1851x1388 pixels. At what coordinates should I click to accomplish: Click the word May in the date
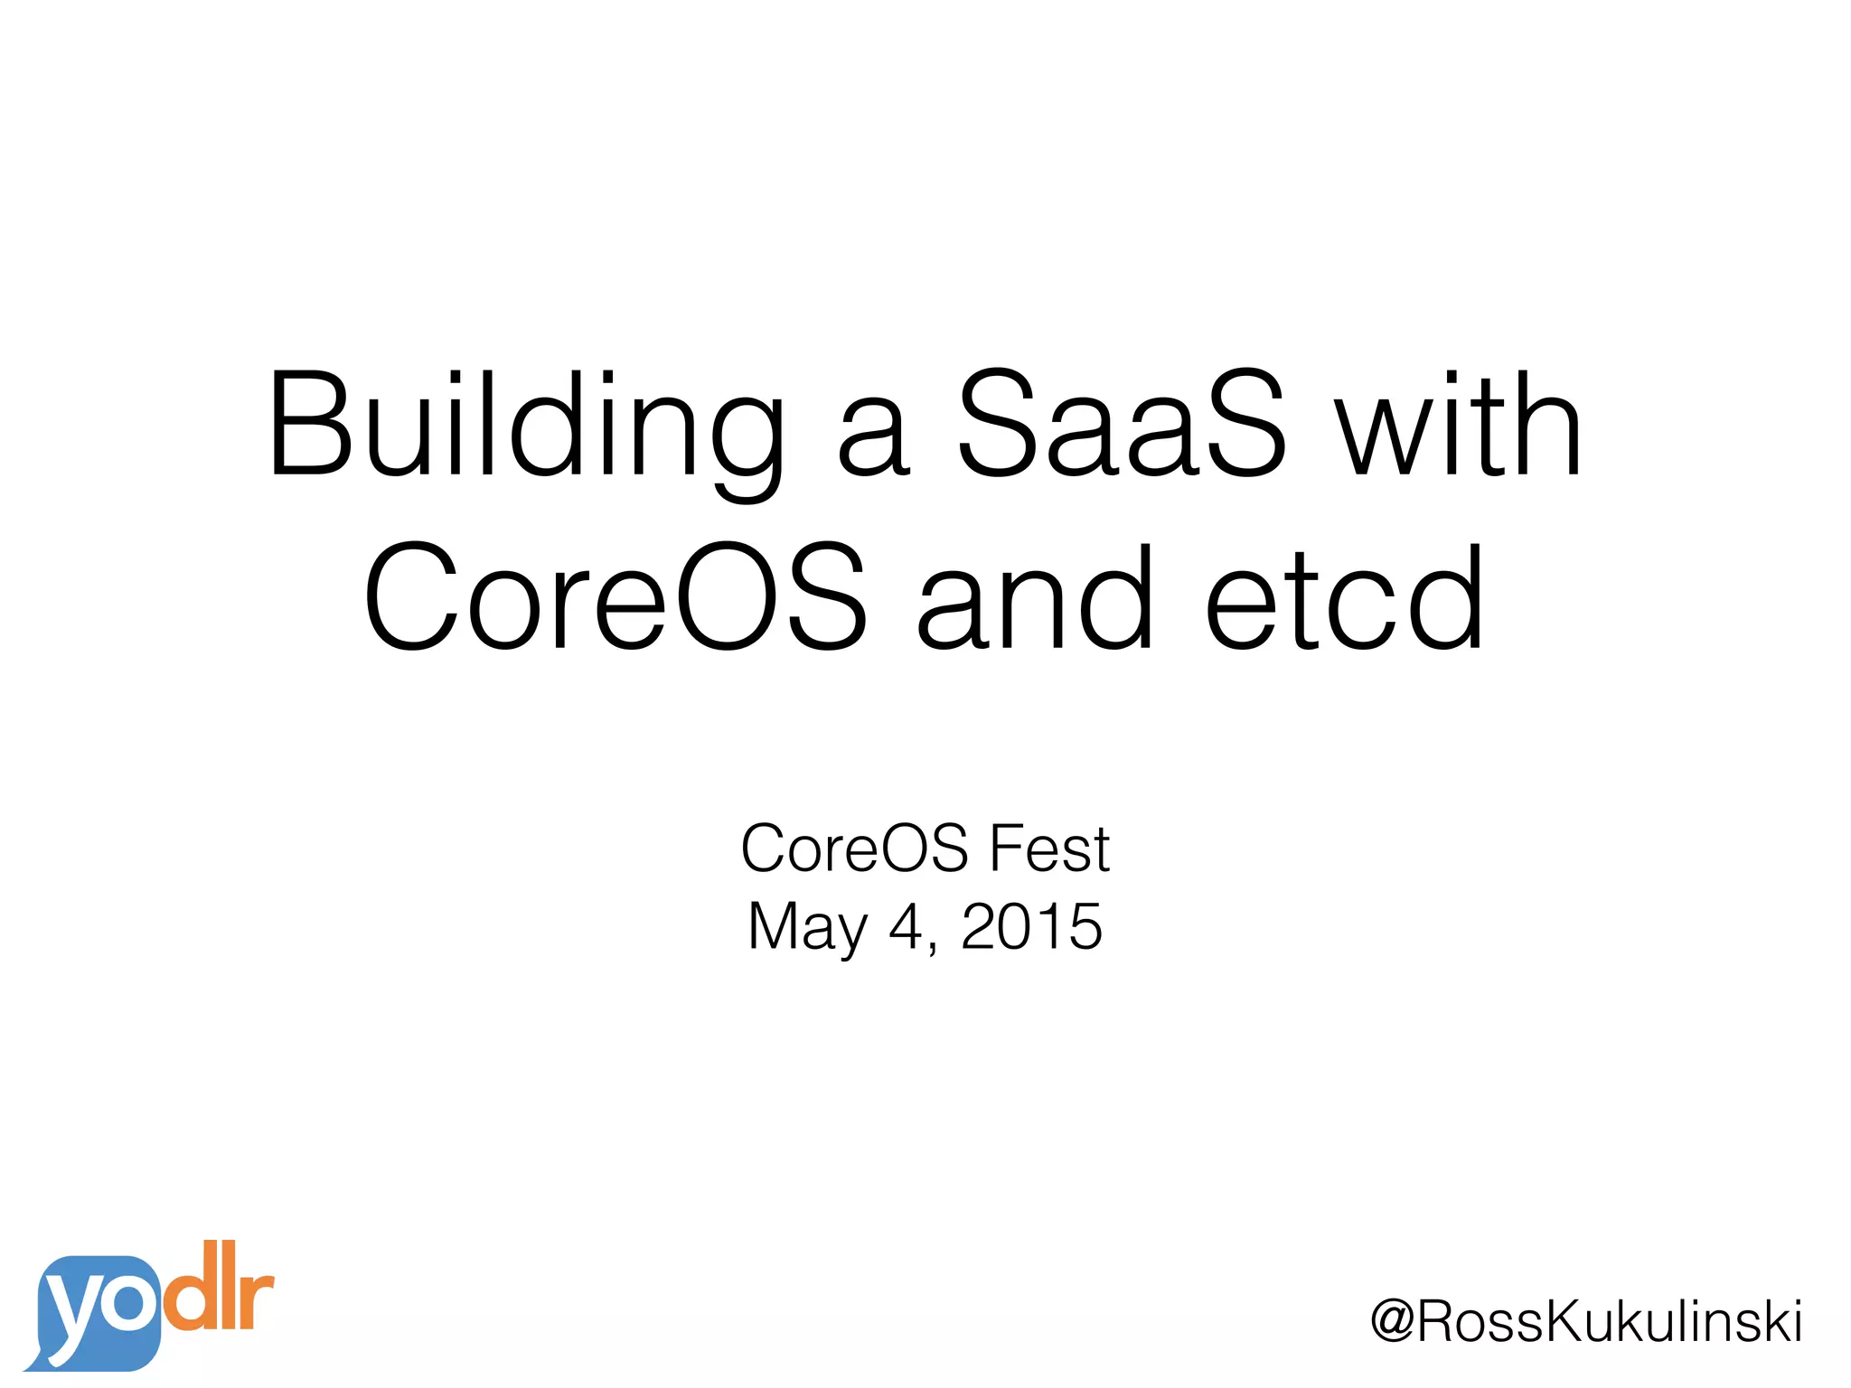(x=807, y=929)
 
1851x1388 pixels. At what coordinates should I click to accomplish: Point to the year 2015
(x=1031, y=927)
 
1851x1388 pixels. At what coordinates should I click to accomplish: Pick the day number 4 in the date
(x=906, y=927)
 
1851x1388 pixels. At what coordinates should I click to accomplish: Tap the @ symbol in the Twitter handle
(x=1393, y=1322)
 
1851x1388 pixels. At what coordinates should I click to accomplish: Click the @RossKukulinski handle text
(x=1586, y=1322)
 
